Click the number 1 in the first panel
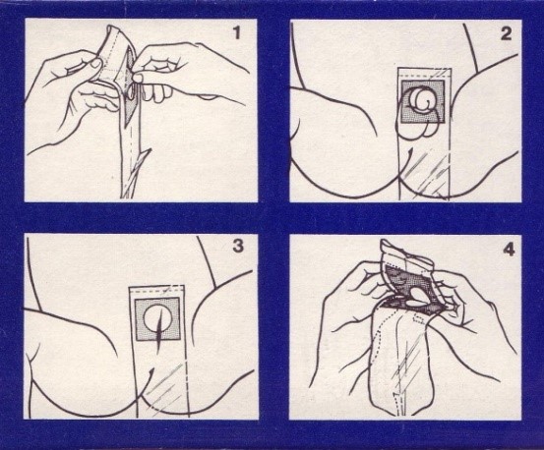point(237,33)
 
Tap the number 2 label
point(507,34)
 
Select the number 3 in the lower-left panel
point(238,247)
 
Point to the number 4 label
point(509,251)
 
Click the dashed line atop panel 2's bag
point(424,74)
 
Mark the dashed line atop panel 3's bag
point(156,289)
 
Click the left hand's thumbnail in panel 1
point(95,63)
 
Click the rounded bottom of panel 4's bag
point(402,409)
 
